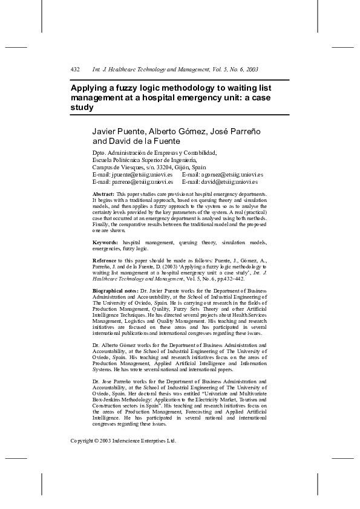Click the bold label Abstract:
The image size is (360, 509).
pyautogui.click(x=103, y=193)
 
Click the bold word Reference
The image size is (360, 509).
pyautogui.click(x=106, y=259)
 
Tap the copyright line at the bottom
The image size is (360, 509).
pyautogui.click(x=123, y=441)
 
